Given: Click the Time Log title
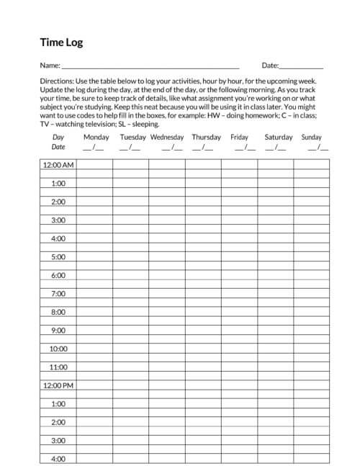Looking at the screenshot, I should [62, 42].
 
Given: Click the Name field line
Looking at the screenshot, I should [150, 66].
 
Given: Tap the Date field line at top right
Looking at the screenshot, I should [302, 66].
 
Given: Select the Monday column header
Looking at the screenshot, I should [96, 137].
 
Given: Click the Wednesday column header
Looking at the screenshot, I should [167, 137].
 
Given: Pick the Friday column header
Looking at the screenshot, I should [239, 137].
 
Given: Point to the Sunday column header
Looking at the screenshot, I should [312, 137].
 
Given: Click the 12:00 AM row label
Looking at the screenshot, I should [58, 165].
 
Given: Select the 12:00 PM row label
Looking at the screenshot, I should [58, 385].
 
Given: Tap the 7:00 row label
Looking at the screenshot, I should [58, 294].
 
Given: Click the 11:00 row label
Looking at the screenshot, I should [58, 367].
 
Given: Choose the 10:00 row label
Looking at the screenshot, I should [58, 349].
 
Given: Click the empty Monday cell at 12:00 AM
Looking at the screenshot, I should [94, 165].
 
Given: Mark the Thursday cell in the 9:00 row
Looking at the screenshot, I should [203, 331].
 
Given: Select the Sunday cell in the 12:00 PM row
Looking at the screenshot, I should [312, 385].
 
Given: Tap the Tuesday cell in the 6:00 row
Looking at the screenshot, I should [130, 275].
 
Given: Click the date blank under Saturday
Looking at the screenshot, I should [275, 148].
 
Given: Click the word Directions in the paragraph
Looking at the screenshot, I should [58, 83].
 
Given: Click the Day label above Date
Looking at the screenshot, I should [58, 137].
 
